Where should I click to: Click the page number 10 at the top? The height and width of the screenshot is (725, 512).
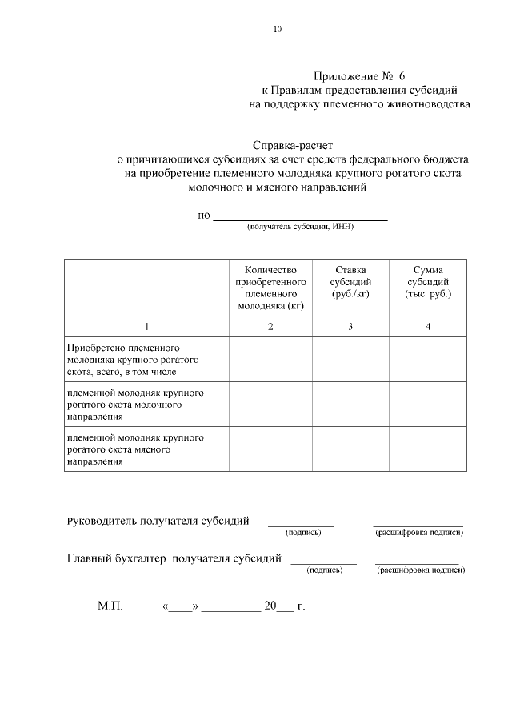coord(278,30)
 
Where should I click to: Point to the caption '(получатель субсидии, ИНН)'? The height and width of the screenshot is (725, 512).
coord(300,227)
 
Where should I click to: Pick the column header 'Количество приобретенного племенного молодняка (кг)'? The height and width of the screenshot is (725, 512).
coord(270,288)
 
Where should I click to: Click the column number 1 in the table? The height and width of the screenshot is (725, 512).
coord(146,326)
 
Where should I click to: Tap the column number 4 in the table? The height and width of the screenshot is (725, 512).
coord(428,326)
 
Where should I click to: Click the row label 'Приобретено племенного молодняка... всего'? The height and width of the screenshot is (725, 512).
coord(133,360)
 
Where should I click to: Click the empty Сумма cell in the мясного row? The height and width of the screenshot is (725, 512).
coord(428,450)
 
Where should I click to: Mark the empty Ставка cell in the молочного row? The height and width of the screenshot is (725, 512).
coord(350,405)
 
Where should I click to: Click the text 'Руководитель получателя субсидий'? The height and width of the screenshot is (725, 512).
coord(158,521)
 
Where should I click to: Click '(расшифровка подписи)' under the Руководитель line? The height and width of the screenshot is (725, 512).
coord(418,532)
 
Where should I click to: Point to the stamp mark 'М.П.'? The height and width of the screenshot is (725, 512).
coord(109,606)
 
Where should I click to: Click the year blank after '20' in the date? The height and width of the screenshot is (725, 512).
coord(285,609)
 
